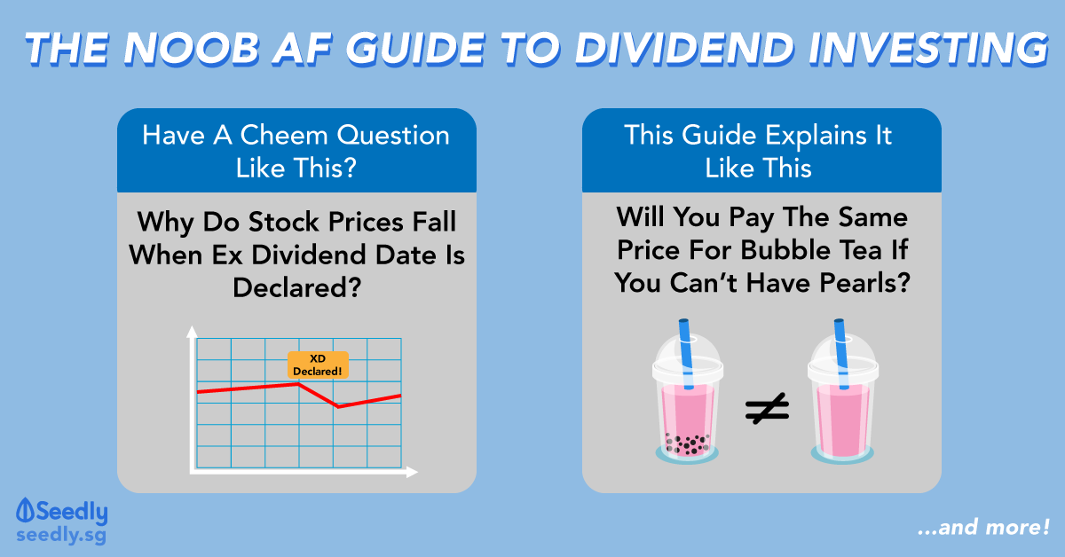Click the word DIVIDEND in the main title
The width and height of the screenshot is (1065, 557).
[x=685, y=49]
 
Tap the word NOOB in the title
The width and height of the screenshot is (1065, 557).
[x=192, y=49]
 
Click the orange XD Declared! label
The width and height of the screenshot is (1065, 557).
[x=318, y=365]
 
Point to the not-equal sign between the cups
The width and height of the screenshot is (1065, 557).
[x=767, y=408]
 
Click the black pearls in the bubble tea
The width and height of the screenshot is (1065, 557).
[x=688, y=443]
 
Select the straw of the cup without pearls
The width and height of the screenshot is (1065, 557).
[x=841, y=354]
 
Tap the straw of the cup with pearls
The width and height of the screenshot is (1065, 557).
[x=686, y=354]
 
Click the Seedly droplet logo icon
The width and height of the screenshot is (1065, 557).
[x=25, y=510]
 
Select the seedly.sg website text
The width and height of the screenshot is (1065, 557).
[x=61, y=535]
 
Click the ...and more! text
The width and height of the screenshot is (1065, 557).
[x=983, y=528]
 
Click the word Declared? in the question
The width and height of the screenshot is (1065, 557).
[x=297, y=287]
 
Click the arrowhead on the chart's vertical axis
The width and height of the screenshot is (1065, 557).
[x=192, y=332]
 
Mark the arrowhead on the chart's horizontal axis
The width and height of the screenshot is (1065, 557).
[x=412, y=472]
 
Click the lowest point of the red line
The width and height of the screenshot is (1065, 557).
[x=338, y=407]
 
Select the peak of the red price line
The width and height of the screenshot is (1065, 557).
[x=298, y=384]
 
